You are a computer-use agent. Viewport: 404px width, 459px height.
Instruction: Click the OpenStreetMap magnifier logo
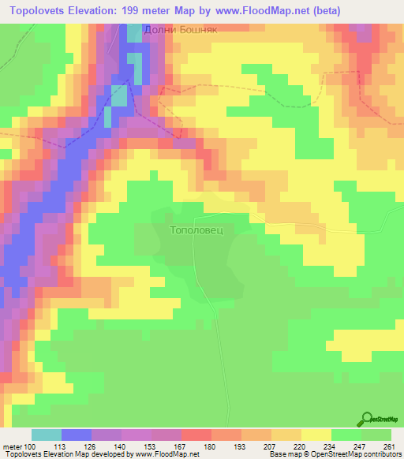(x=368, y=419)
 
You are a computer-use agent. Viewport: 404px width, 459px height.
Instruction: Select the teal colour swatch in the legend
(x=47, y=435)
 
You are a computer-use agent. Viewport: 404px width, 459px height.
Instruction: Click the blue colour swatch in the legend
(x=77, y=435)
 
